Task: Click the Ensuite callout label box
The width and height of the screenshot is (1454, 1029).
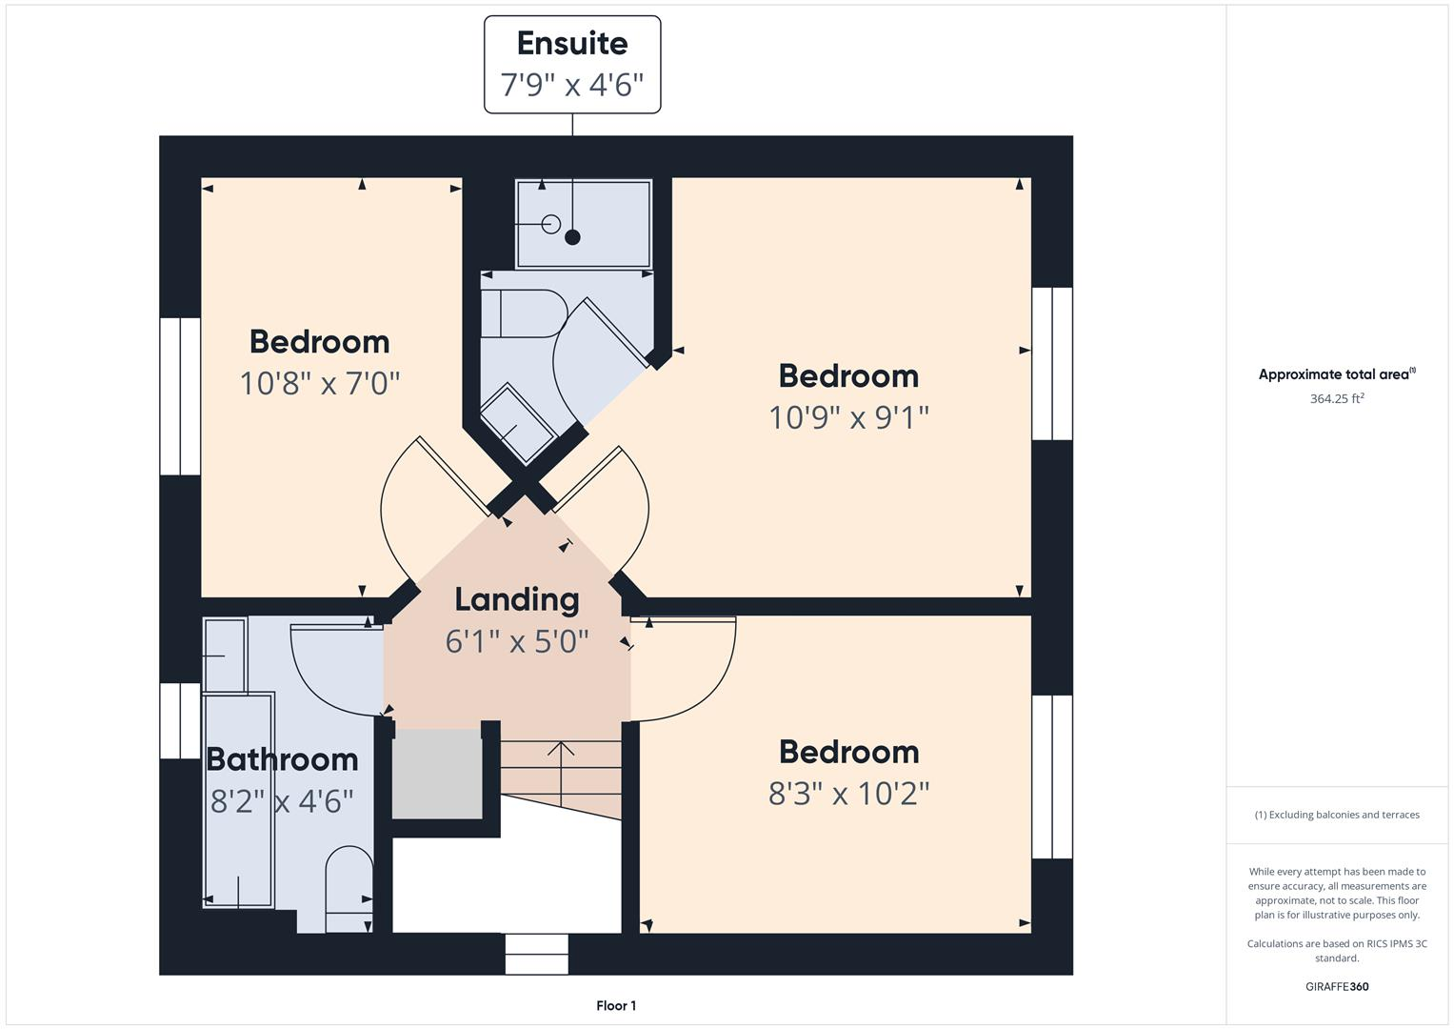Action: click(x=572, y=65)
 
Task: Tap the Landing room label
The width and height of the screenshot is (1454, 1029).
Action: click(x=516, y=599)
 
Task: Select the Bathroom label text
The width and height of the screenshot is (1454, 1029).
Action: click(x=282, y=759)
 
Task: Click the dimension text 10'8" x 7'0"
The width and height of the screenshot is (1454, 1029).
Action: click(x=319, y=383)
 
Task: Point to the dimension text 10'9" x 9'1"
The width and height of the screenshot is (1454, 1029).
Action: click(x=848, y=417)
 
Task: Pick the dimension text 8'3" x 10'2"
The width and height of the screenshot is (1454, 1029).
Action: click(x=848, y=793)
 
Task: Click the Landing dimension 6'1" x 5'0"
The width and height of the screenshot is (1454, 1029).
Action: click(x=516, y=641)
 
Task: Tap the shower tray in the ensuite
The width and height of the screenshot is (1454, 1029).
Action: click(x=583, y=223)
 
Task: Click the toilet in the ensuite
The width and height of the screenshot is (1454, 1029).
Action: click(x=521, y=313)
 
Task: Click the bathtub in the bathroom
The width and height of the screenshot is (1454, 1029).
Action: click(x=238, y=800)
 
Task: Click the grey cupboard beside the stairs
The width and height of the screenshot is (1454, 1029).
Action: click(x=437, y=774)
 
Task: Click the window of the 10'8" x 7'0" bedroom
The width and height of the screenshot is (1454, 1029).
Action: click(x=179, y=396)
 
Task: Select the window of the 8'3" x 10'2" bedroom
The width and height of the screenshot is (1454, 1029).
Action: click(x=1052, y=777)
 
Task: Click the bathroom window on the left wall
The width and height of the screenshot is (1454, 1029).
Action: click(x=179, y=720)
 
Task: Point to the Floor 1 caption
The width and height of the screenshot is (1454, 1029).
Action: click(x=616, y=1005)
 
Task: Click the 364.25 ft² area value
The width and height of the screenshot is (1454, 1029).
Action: click(x=1337, y=398)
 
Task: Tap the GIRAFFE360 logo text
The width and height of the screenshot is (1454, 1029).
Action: click(x=1337, y=986)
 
